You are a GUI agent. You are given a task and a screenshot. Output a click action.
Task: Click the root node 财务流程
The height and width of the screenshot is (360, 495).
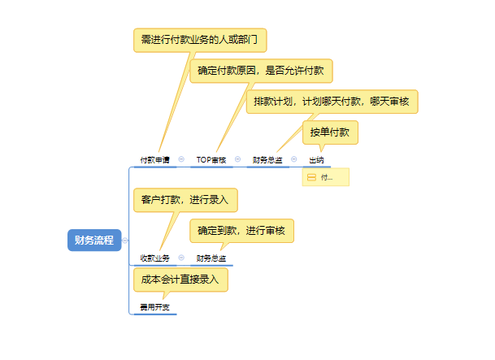93,240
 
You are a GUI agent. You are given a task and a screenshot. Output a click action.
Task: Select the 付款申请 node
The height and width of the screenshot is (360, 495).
154,160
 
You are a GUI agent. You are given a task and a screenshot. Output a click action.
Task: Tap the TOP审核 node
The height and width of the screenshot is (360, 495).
211,160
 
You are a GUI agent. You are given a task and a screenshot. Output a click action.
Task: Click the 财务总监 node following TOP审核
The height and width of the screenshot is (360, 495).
267,160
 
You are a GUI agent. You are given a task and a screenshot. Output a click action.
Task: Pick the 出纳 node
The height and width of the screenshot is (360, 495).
316,160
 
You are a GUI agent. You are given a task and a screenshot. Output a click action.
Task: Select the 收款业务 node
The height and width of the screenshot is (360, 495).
154,258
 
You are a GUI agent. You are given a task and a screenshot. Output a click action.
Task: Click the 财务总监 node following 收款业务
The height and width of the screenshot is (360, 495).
211,258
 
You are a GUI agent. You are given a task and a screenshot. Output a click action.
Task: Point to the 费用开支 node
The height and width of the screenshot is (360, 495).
154,309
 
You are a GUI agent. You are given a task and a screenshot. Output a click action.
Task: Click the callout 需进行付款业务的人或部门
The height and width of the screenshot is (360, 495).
200,39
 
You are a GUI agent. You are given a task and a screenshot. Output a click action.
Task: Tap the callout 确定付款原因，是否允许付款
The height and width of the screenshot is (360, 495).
261,71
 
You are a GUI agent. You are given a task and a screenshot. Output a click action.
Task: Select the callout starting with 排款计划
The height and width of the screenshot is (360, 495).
332,102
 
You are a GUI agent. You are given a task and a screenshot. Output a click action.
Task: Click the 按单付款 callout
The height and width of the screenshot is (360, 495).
330,132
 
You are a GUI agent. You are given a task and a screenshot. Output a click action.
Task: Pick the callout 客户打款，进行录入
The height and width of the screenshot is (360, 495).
185,199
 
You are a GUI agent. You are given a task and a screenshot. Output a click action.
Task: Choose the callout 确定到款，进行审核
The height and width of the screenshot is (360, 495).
241,231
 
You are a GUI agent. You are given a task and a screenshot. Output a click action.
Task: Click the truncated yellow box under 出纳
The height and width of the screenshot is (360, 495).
325,177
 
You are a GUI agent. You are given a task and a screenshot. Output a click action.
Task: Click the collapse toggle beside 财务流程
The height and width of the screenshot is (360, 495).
125,240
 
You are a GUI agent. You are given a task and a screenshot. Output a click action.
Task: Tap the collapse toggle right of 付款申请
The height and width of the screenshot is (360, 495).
181,159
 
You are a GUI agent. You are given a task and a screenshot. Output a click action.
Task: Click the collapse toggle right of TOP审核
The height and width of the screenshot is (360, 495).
237,159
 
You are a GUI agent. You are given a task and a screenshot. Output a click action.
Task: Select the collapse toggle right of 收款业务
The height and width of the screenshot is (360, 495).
181,258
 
